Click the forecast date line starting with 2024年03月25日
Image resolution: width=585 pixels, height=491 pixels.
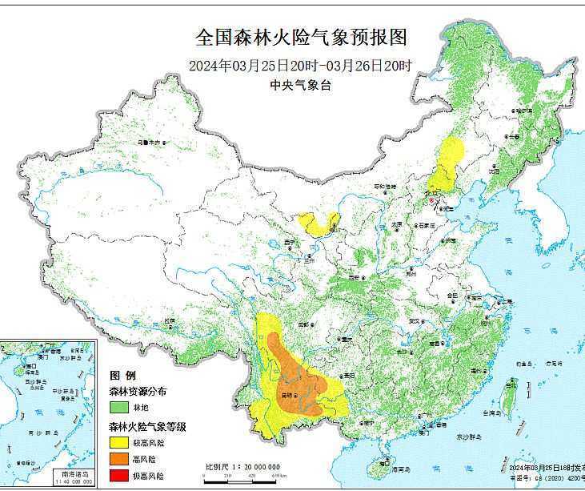pos(301,66)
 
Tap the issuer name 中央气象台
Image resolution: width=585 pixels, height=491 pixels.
pos(301,86)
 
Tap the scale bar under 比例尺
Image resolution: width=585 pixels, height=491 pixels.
pos(240,476)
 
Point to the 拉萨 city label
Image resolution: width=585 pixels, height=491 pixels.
pos(169,320)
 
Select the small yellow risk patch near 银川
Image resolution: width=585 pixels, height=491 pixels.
pos(315,223)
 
